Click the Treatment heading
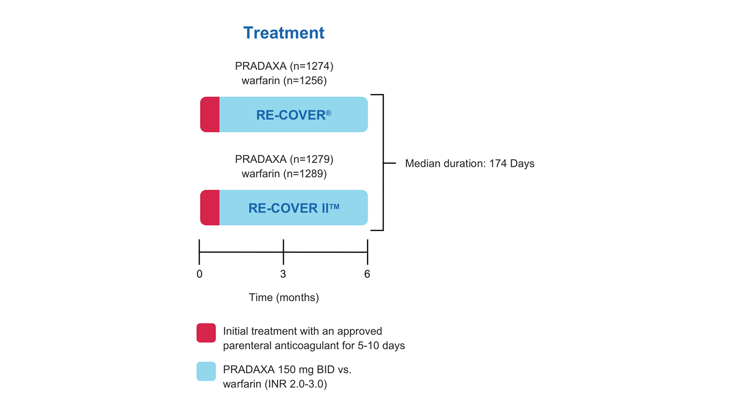[283, 33]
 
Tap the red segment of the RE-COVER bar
[210, 114]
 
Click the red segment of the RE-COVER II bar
[210, 208]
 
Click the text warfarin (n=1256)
[284, 80]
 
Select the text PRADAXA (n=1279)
[284, 159]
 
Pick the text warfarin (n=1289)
[284, 174]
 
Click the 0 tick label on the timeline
[199, 274]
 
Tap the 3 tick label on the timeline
[283, 274]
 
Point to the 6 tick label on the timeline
[367, 274]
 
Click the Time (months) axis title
[284, 297]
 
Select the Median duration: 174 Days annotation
[469, 164]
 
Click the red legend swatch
[206, 333]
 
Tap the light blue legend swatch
[206, 371]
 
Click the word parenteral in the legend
[247, 346]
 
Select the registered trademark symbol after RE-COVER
[329, 113]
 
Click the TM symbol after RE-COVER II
[334, 207]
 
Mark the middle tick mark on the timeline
[283, 252]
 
